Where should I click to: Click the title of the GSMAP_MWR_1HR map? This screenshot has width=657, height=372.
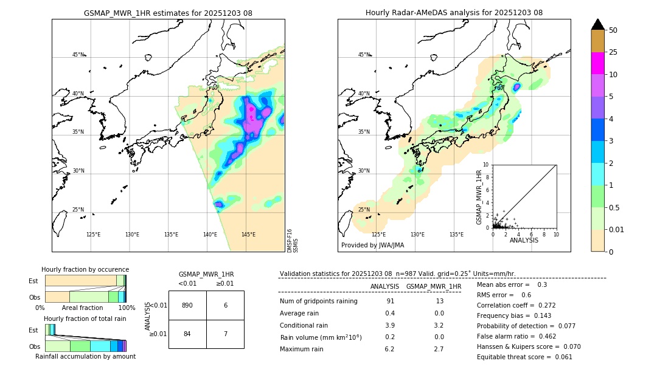tap(168, 13)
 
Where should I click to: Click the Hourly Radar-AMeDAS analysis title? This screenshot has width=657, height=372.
tap(454, 13)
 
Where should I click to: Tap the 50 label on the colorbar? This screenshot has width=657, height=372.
tap(614, 30)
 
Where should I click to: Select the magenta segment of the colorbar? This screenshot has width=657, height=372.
tap(597, 63)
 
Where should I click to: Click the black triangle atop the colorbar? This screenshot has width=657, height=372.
tap(597, 24)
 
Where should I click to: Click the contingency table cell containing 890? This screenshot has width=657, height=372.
tap(187, 305)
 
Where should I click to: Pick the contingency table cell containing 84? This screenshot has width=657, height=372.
tap(187, 334)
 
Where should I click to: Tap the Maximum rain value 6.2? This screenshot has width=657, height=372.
tap(389, 349)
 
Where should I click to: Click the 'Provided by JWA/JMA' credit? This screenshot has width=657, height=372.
tap(372, 245)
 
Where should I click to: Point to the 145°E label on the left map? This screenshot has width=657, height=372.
tap(248, 235)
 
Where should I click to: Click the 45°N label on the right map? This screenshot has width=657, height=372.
tap(364, 55)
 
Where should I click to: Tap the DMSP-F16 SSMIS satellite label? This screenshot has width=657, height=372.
tap(292, 240)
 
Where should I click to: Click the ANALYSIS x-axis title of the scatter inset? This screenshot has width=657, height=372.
tap(524, 240)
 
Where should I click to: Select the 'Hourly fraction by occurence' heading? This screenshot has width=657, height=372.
tap(85, 269)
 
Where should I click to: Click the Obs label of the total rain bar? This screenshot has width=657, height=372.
tap(35, 346)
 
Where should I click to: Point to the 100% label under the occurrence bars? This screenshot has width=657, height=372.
tap(126, 308)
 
